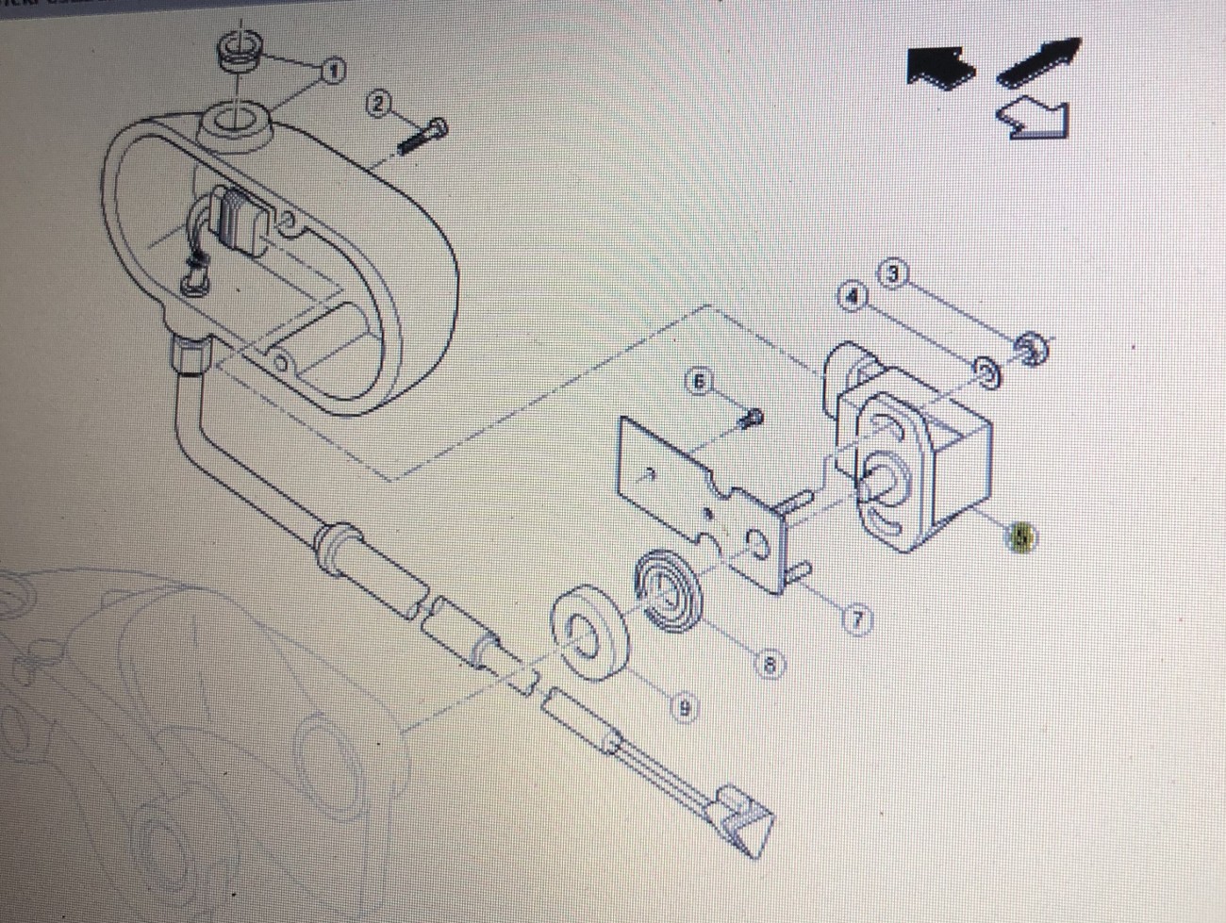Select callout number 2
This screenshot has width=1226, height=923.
[378, 104]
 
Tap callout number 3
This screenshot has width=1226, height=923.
[892, 274]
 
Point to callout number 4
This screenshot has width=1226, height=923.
[853, 297]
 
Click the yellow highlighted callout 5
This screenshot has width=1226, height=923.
[1021, 538]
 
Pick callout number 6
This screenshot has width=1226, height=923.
[699, 382]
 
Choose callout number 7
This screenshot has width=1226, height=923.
[857, 620]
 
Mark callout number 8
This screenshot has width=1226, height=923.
[770, 666]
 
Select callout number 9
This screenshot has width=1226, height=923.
[685, 707]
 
